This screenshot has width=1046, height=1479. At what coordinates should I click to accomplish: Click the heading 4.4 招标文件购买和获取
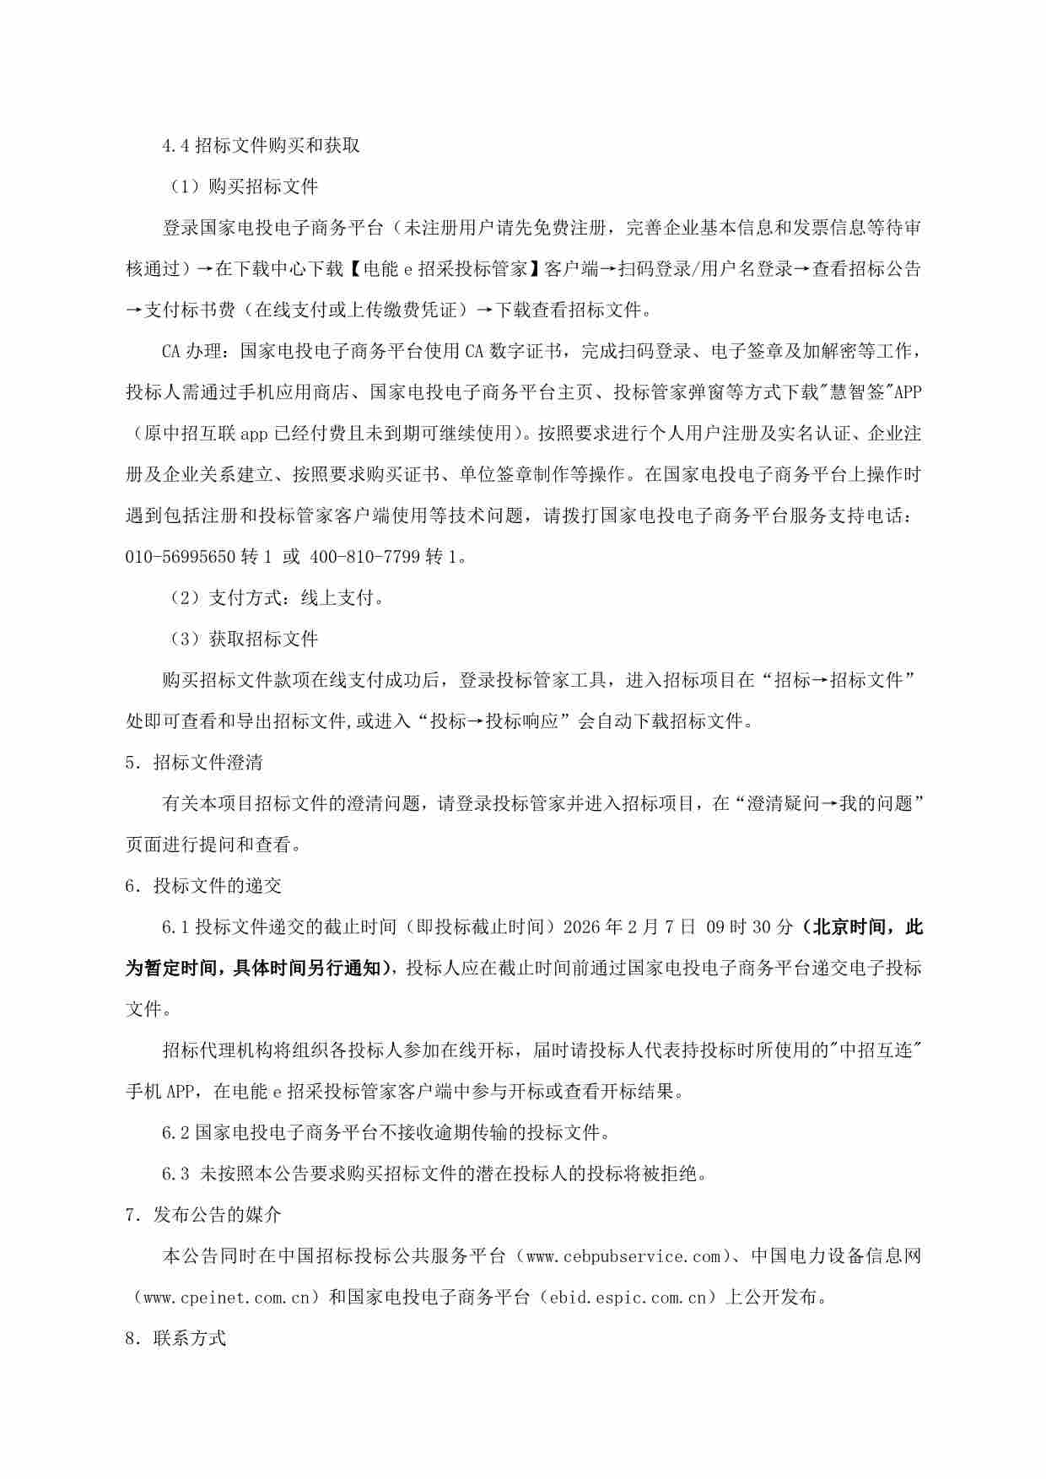pos(261,145)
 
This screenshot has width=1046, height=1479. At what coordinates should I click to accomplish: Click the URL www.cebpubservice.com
pos(623,1256)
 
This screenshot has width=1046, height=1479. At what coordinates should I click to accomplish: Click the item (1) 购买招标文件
pos(244,186)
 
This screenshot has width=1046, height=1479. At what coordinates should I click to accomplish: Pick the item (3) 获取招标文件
pos(244,639)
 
